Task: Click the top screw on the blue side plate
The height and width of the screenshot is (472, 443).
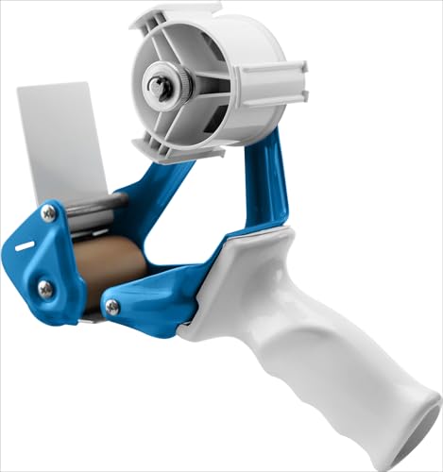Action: click(48, 215)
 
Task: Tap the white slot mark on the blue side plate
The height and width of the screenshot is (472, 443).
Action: click(26, 247)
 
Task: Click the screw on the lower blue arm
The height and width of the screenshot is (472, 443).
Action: click(112, 307)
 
